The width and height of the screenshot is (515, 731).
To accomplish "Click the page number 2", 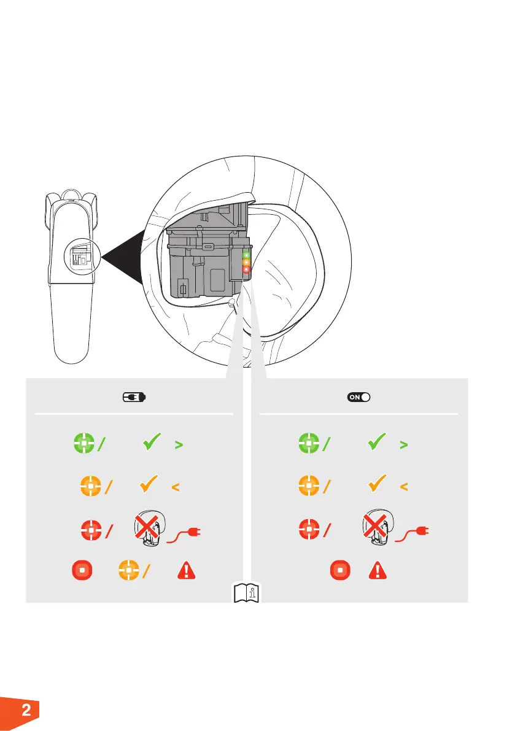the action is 26,711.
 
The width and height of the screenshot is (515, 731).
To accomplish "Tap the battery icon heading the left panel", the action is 133,397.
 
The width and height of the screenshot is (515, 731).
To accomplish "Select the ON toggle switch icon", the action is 359,397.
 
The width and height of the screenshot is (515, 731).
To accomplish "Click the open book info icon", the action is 246,593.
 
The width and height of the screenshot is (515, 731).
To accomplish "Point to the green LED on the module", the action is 247,254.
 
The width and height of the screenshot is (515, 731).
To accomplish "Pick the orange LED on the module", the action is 247,262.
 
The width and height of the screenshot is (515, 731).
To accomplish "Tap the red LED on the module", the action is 247,269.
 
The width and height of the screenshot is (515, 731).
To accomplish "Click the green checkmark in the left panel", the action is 151,444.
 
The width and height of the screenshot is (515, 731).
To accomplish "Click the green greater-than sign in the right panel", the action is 403,446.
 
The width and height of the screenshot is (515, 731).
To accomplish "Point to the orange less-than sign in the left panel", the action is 175,487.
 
